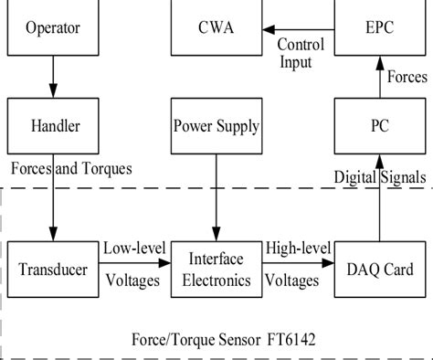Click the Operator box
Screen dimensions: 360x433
pos(52,27)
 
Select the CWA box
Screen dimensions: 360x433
pos(216,27)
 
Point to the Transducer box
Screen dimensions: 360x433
pos(52,270)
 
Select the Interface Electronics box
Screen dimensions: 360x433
pos(216,270)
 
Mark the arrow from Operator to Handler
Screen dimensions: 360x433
pos(52,78)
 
